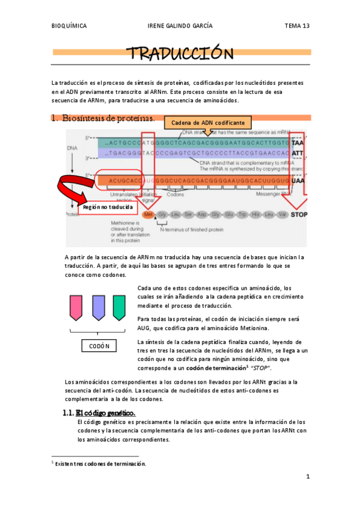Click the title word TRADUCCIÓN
180,54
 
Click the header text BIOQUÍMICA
70,26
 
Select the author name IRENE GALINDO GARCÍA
180,26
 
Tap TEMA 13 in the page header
297,26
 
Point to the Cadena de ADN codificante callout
208,123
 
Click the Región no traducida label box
108,206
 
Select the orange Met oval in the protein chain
147,214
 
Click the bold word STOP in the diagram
299,214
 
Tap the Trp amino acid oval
240,214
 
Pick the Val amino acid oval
282,214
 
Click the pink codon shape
76,307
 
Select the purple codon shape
98,307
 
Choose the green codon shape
119,307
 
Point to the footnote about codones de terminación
101,464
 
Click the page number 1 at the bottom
307,477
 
